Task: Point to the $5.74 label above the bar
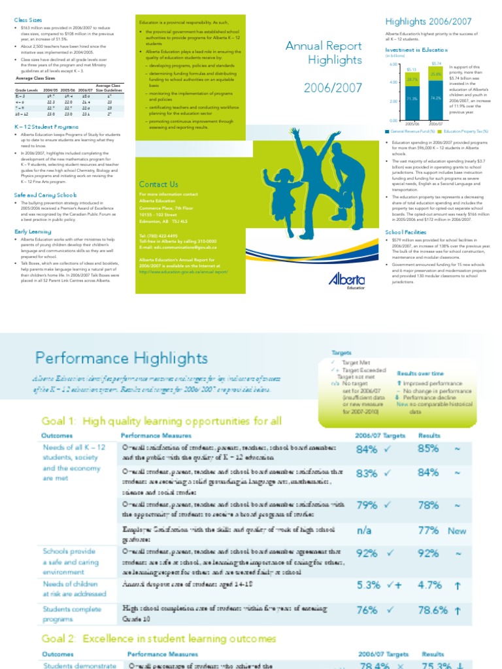click(x=436, y=63)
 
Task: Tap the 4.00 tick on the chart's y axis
click(x=392, y=82)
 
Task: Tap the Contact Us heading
click(x=158, y=184)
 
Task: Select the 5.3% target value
click(x=370, y=586)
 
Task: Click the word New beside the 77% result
click(x=457, y=531)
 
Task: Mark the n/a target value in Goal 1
click(x=365, y=531)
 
